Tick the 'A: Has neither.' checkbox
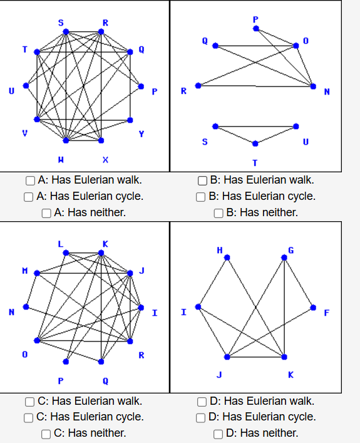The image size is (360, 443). click(x=48, y=213)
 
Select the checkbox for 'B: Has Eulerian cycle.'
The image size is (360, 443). click(x=203, y=197)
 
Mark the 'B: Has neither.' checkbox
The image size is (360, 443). click(x=219, y=213)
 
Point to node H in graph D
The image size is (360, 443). click(x=227, y=257)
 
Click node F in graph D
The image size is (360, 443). click(x=313, y=307)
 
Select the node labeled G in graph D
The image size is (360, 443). click(x=284, y=257)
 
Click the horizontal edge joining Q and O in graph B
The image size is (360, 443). click(x=255, y=45)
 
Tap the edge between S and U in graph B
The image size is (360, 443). click(x=255, y=126)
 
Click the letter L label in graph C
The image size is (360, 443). click(x=61, y=243)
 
